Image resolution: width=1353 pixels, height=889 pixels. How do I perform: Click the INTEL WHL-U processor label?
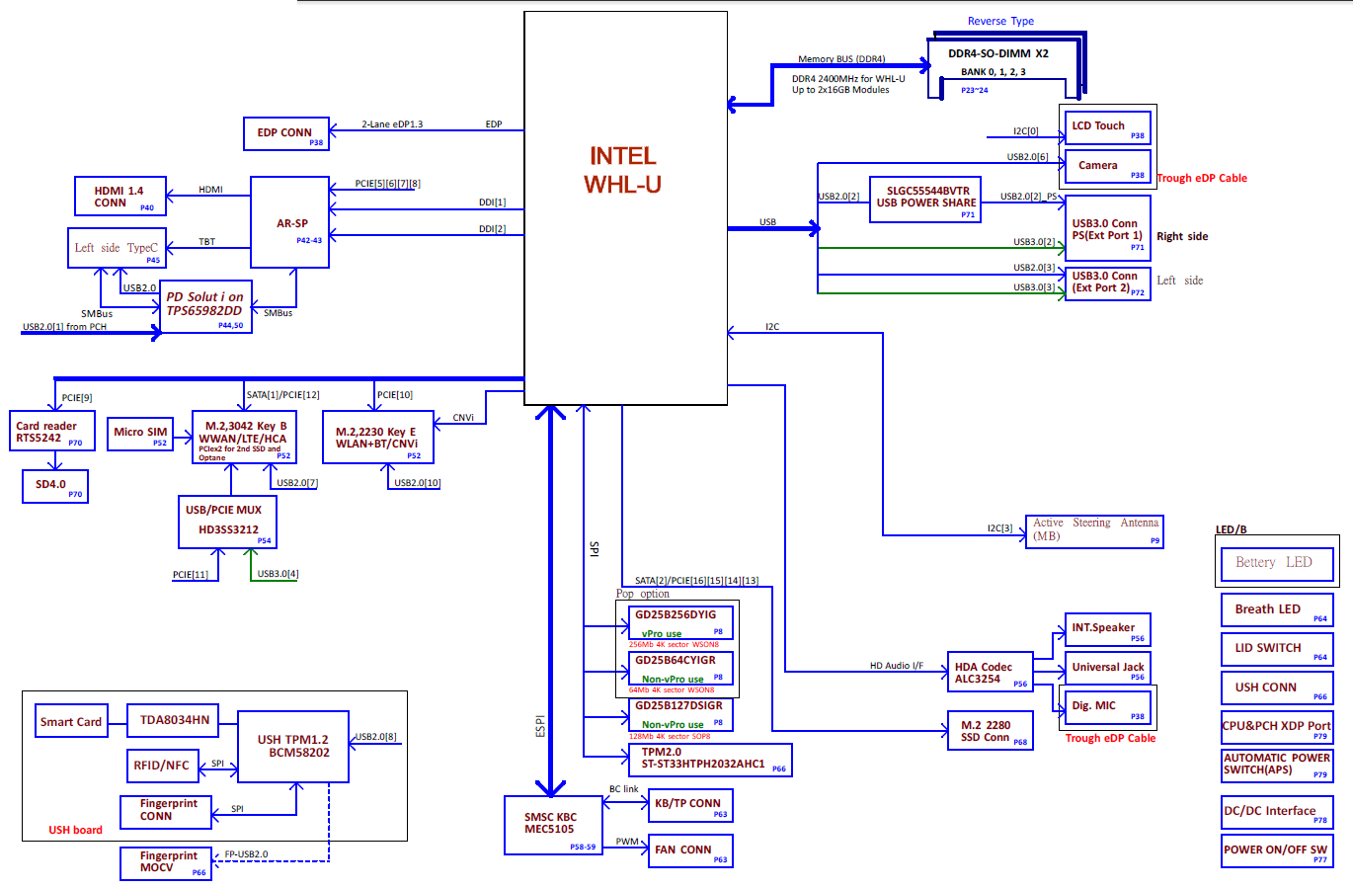pos(623,170)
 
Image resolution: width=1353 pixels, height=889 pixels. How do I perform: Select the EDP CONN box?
pos(285,133)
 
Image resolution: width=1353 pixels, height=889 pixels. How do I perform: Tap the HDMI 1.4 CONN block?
pos(119,197)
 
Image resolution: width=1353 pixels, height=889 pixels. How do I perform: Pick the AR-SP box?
pos(290,223)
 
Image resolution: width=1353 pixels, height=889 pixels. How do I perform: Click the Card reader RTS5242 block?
pos(51,432)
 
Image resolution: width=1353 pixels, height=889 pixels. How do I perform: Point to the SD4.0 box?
pos(54,485)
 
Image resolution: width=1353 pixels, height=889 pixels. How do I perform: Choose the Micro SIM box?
pos(140,433)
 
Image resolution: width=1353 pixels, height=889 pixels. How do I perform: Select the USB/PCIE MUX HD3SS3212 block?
pos(226,521)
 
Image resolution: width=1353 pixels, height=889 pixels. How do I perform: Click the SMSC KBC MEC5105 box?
pos(552,825)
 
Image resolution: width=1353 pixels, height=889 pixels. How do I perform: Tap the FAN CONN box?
pos(689,850)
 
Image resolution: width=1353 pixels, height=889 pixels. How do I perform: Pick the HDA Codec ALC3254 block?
pos(990,673)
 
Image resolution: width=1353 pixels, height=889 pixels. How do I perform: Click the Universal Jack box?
pos(1107,668)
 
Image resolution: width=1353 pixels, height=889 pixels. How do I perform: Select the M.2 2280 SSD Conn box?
pos(990,731)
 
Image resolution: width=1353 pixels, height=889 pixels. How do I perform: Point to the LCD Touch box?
pos(1107,126)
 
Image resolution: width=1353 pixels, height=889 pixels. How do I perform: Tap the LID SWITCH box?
pos(1276,648)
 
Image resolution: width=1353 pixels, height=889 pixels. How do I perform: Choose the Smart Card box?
pos(71,722)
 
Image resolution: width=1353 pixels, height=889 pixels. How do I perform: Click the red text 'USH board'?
pos(75,830)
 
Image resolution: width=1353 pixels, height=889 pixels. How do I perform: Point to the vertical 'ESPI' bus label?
pos(540,726)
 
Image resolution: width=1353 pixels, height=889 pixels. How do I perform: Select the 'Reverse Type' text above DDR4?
pos(1000,21)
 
